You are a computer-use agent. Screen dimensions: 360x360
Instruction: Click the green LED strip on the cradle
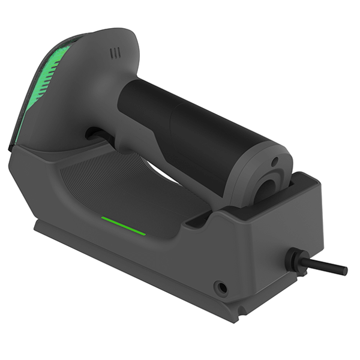point(123,226)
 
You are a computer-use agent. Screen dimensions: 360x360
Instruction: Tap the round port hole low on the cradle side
point(223,287)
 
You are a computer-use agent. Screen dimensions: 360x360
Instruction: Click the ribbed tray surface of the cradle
point(120,180)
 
